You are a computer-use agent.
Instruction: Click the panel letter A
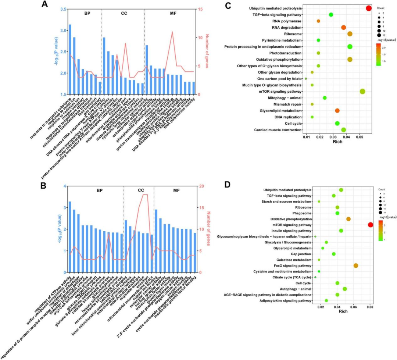[x=44, y=5]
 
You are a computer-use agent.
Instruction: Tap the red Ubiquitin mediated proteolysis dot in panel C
[x=369, y=8]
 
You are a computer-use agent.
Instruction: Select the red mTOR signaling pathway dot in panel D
[x=370, y=225]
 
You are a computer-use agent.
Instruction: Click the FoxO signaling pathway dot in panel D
[x=355, y=265]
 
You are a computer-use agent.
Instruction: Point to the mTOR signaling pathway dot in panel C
[x=362, y=91]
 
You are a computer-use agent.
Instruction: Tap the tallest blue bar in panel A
[x=70, y=59]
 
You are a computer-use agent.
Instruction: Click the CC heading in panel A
[x=124, y=14]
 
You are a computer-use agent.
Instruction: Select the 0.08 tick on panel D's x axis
[x=370, y=307]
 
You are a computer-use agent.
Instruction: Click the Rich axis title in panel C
[x=336, y=142]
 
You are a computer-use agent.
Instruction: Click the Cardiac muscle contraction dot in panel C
[x=344, y=130]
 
